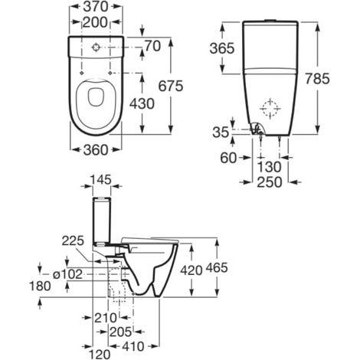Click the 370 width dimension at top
point(96,7)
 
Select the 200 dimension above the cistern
point(95,22)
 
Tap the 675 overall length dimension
point(171,86)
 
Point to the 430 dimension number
point(142,103)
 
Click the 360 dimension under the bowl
point(96,150)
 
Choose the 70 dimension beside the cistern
point(152,46)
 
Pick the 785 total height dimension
point(317,78)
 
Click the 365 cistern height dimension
point(221,48)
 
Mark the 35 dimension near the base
point(221,133)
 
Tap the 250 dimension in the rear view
point(270,182)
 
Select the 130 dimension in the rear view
point(269,167)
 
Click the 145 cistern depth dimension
point(101,179)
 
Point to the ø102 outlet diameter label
point(67,274)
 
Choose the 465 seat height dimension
point(217,267)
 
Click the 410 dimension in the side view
point(133,346)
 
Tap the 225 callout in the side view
point(73,241)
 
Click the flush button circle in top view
point(96,47)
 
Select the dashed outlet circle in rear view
point(270,109)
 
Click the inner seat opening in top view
point(96,97)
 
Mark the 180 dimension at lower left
point(40,286)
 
